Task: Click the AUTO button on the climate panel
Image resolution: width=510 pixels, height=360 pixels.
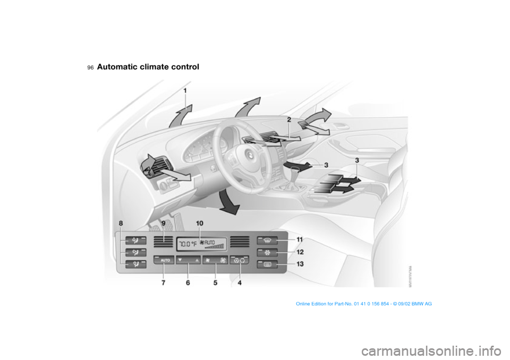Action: click(164, 260)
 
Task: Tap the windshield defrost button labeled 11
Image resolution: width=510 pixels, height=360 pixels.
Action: click(266, 241)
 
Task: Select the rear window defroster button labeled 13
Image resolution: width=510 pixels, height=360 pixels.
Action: click(266, 264)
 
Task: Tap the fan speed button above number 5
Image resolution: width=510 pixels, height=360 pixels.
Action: click(214, 260)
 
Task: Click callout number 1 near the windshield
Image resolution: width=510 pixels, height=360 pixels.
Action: click(185, 91)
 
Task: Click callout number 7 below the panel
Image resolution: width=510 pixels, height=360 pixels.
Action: click(163, 284)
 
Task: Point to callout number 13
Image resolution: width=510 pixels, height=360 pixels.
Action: click(301, 264)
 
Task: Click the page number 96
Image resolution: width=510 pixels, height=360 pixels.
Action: click(91, 68)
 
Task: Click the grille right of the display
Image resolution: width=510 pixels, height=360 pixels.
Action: click(240, 242)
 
